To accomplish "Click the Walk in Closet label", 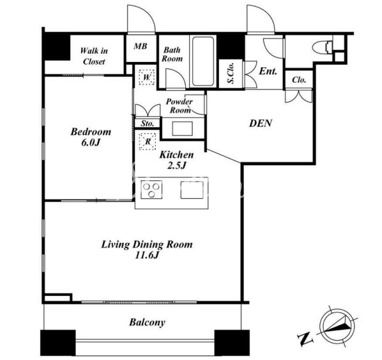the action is [x=94, y=56].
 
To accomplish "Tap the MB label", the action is [x=141, y=46].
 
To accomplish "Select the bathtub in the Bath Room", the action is [x=202, y=61].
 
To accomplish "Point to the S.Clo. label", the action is [x=231, y=73].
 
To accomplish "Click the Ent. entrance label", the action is [x=268, y=71].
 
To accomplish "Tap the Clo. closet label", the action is [x=299, y=80].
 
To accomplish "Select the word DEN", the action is [x=261, y=123].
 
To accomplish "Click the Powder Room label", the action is [x=180, y=106].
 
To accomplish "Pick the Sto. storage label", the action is [x=148, y=123].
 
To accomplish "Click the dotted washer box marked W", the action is [x=147, y=77].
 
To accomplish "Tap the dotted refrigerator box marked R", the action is [x=148, y=141].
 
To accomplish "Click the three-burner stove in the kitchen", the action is [x=151, y=189].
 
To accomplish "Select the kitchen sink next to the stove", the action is [x=192, y=190].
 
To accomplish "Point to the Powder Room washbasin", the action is [x=182, y=129].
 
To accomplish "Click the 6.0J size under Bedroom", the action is [x=91, y=143].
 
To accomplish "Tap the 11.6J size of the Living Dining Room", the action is [x=147, y=255].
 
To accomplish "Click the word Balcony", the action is [x=147, y=322].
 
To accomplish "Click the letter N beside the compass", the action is [x=305, y=339].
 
